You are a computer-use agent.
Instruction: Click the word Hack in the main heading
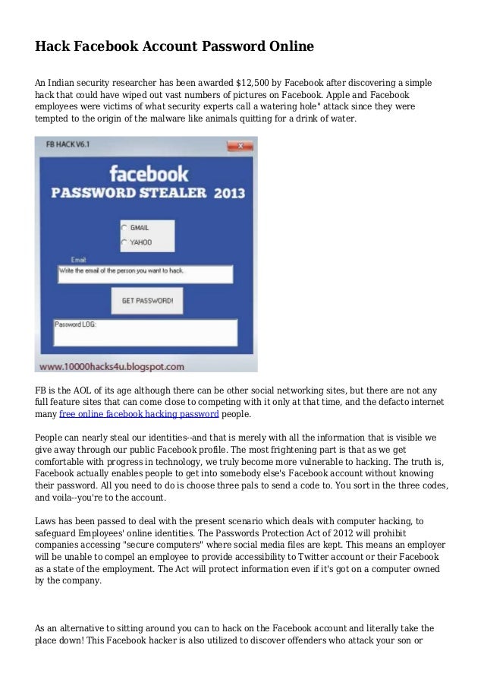tap(52, 47)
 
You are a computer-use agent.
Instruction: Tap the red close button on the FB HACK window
tap(240, 145)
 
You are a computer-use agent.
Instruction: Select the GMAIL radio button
tap(124, 227)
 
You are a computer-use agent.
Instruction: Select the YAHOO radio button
tap(124, 242)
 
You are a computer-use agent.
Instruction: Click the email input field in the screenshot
tap(144, 273)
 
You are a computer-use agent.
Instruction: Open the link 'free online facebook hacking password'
tap(139, 415)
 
